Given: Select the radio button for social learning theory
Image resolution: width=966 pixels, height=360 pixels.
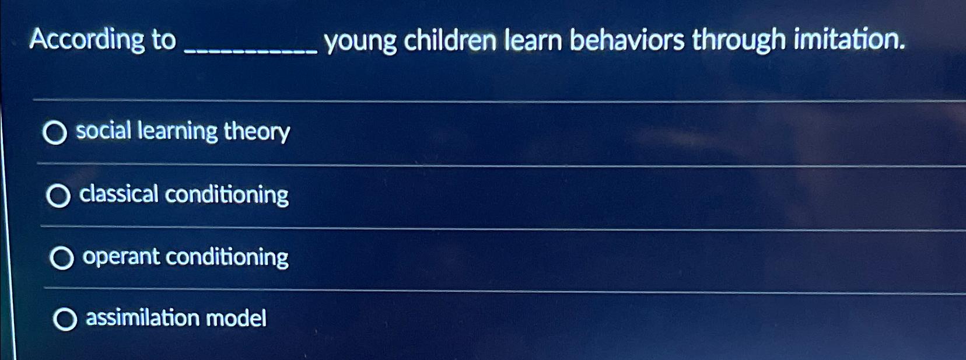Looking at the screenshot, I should (55, 134).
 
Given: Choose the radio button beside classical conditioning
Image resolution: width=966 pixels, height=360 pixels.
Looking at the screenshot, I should (58, 196).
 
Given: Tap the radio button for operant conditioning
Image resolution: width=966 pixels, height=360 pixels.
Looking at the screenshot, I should (62, 258).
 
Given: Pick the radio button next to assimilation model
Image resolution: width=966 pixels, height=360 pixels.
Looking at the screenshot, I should (65, 320).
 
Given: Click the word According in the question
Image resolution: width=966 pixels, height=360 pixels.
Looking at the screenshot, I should (86, 40).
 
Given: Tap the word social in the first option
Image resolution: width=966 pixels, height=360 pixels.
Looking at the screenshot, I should (103, 130).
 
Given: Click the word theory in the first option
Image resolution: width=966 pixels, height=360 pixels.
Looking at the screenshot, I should (257, 132).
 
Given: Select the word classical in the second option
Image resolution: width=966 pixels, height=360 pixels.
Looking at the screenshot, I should (118, 194).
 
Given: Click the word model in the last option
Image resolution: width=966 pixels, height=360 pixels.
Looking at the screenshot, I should (236, 318).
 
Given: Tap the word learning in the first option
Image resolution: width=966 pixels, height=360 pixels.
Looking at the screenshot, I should (177, 131).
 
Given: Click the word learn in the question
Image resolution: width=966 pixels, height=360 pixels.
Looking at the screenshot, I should (533, 40).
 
